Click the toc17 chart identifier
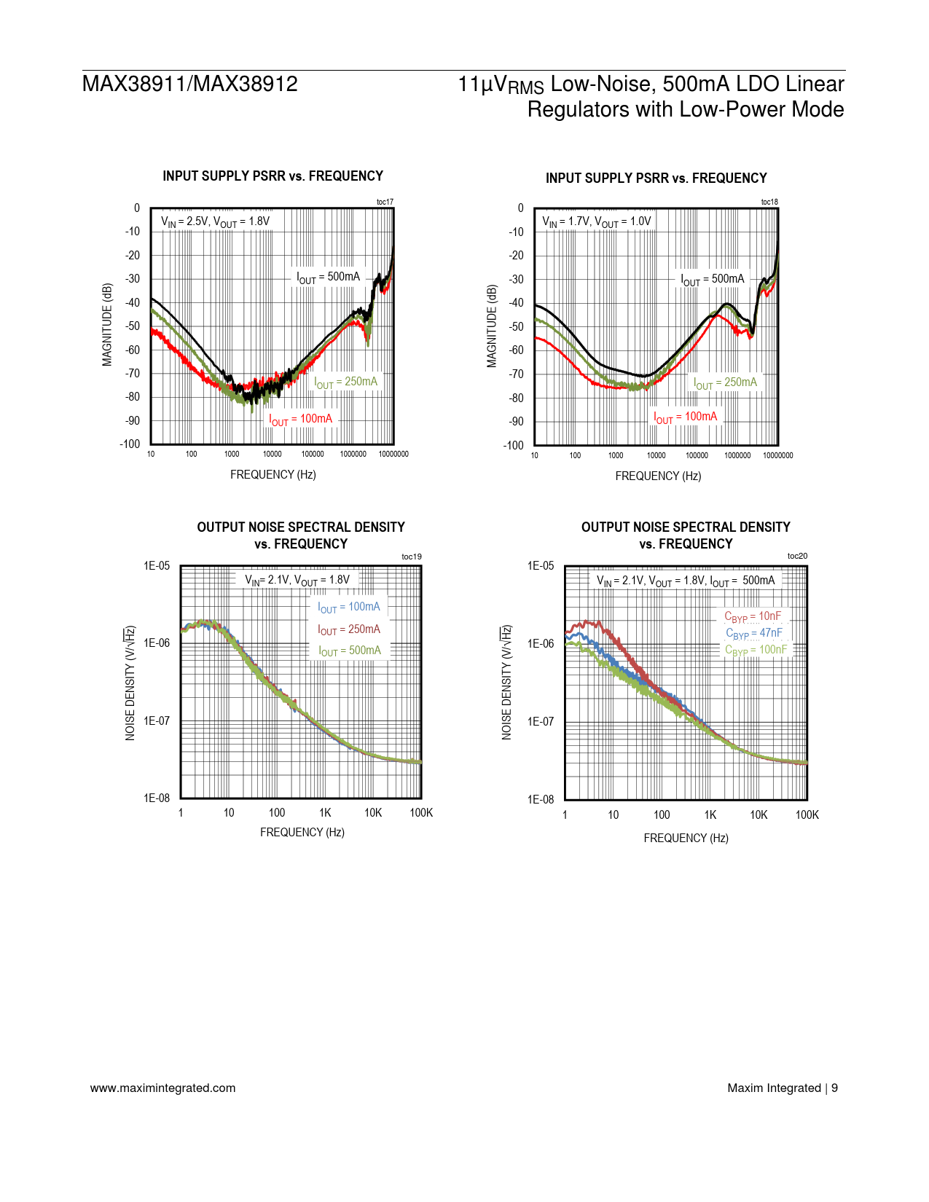pyautogui.click(x=385, y=202)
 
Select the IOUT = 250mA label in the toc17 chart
pyautogui.click(x=346, y=382)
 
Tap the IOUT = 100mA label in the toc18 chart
pyautogui.click(x=685, y=417)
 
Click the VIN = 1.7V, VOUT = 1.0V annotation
pyautogui.click(x=597, y=221)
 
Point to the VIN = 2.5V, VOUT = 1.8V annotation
pyautogui.click(x=215, y=221)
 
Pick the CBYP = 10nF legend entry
pyautogui.click(x=753, y=617)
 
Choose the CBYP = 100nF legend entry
pyautogui.click(x=756, y=650)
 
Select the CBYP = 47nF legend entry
pyautogui.click(x=753, y=633)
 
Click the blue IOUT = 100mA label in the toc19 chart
pyautogui.click(x=349, y=608)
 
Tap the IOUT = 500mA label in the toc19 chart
pyautogui.click(x=350, y=651)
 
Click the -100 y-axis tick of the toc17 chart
pyautogui.click(x=130, y=444)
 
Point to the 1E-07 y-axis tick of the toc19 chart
pyautogui.click(x=157, y=720)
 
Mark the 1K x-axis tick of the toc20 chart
pyautogui.click(x=710, y=814)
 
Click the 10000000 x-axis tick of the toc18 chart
pyautogui.click(x=777, y=455)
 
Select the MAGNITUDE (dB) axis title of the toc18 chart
pyautogui.click(x=492, y=326)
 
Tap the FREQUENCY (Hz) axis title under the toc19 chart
pyautogui.click(x=302, y=832)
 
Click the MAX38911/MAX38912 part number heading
pyautogui.click(x=190, y=84)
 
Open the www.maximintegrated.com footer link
pyautogui.click(x=162, y=1088)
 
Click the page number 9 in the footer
pyautogui.click(x=834, y=1088)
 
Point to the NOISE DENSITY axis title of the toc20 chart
pyautogui.click(x=506, y=683)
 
